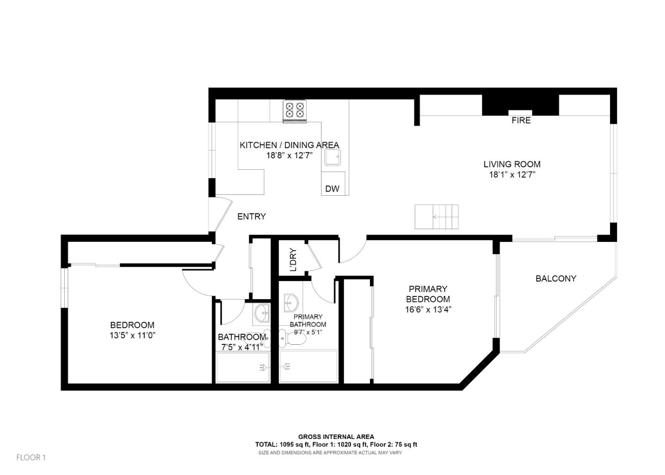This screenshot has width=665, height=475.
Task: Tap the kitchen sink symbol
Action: pyautogui.click(x=332, y=157)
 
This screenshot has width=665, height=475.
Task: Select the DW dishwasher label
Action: pyautogui.click(x=332, y=188)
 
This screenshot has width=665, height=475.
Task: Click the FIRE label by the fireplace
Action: pyautogui.click(x=521, y=120)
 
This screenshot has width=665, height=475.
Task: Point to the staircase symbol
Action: pyautogui.click(x=436, y=216)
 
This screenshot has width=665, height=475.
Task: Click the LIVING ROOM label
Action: pyautogui.click(x=512, y=164)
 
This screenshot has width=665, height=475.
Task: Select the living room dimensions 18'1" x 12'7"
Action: pyautogui.click(x=512, y=174)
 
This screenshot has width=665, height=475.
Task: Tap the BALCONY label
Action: pyautogui.click(x=556, y=278)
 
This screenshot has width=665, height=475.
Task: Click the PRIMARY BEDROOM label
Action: pyautogui.click(x=428, y=294)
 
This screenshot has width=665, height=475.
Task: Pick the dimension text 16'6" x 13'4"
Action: pyautogui.click(x=428, y=309)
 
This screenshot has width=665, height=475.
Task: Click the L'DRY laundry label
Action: pyautogui.click(x=293, y=260)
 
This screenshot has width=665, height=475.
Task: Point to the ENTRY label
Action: pyautogui.click(x=251, y=216)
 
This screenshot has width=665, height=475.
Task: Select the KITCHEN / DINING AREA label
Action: pyautogui.click(x=289, y=145)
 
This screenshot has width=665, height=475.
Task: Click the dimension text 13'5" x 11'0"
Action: pyautogui.click(x=132, y=336)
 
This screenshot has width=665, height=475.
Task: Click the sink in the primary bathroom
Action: pyautogui.click(x=291, y=303)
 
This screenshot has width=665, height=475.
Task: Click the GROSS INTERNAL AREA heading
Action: pyautogui.click(x=336, y=437)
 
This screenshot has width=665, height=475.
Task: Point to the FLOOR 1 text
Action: pyautogui.click(x=31, y=457)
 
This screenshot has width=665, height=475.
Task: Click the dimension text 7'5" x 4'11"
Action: pyautogui.click(x=242, y=347)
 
